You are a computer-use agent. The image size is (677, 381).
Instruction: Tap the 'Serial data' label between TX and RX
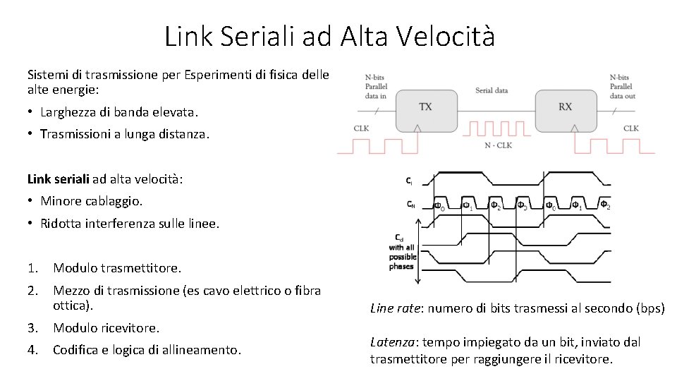point(492,90)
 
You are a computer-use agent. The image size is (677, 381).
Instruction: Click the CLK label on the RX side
point(631,128)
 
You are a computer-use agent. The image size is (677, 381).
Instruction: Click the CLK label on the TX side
point(362,128)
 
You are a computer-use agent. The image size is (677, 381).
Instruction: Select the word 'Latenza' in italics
point(391,342)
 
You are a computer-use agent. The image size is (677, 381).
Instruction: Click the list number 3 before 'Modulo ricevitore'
point(32,328)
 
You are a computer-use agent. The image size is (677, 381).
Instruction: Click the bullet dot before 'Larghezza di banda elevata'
point(31,112)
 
